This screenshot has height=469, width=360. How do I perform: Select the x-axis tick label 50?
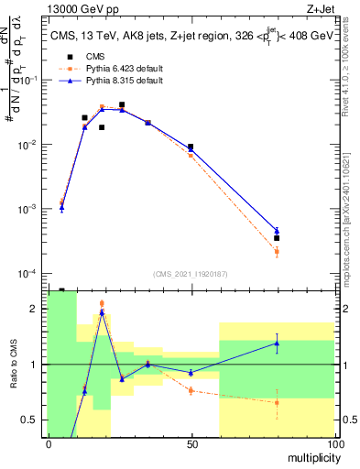pos(191,443)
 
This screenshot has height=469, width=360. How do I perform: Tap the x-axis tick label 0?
pos(49,443)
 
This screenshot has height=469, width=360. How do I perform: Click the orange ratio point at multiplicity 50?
pos(191,390)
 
